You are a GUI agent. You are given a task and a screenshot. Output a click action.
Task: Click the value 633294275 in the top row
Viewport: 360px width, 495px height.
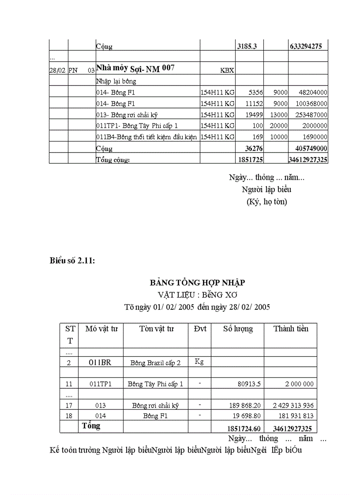(308, 45)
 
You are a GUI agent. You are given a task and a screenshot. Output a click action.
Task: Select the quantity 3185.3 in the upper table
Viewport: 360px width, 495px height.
(247, 45)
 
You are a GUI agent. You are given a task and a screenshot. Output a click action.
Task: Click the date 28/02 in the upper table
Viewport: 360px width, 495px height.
(57, 70)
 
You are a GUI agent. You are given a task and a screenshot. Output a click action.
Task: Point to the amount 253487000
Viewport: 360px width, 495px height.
(308, 115)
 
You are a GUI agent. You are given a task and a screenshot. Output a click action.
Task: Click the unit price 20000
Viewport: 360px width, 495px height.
(279, 126)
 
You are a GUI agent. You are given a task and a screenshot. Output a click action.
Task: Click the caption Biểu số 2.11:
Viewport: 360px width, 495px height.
(72, 261)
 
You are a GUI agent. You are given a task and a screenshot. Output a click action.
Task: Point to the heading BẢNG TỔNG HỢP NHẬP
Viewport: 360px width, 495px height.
(197, 283)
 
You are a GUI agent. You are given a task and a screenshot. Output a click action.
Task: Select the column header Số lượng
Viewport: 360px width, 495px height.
(238, 329)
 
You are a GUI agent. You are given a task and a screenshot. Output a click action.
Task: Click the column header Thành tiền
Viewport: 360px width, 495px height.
(291, 329)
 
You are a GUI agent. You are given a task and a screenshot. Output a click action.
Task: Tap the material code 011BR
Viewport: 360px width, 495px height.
(100, 362)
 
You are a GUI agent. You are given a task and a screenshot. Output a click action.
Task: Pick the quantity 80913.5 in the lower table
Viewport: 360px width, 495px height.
(248, 384)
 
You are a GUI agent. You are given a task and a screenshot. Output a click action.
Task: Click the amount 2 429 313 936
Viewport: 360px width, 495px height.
(293, 406)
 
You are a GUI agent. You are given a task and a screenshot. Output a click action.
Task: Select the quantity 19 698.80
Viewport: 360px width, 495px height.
(245, 416)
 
